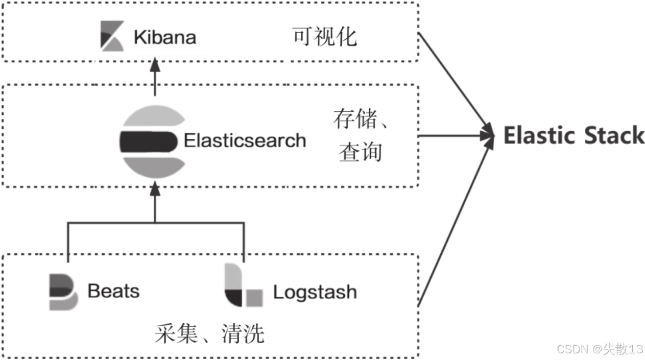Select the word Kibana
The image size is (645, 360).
click(x=164, y=37)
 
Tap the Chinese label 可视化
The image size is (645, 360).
click(x=325, y=37)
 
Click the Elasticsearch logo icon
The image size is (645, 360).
click(x=153, y=140)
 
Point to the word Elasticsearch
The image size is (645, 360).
click(x=245, y=140)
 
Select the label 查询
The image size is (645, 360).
click(x=360, y=152)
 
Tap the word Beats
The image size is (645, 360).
click(x=113, y=291)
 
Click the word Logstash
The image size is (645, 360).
click(x=315, y=292)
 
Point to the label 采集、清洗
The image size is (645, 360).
click(x=209, y=334)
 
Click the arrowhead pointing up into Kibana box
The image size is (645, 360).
click(x=155, y=65)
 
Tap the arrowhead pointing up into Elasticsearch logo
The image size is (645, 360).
click(x=155, y=189)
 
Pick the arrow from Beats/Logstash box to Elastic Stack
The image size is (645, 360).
click(x=455, y=225)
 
